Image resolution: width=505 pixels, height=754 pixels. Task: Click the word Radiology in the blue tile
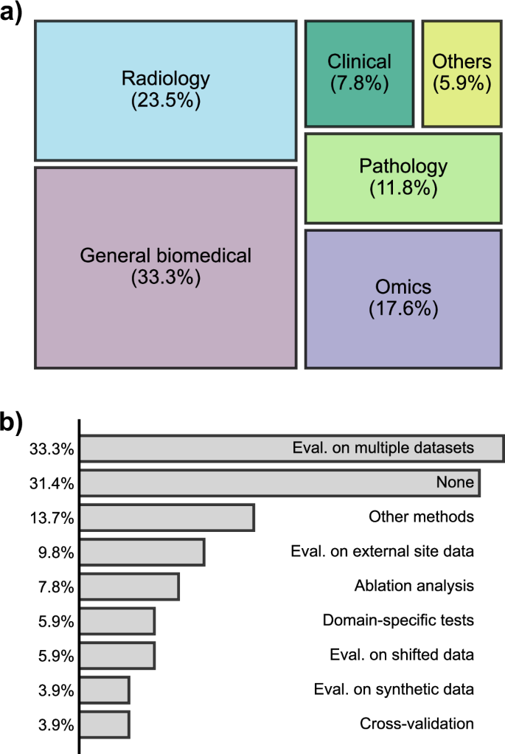(x=165, y=78)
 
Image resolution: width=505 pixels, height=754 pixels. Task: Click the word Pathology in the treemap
(x=403, y=166)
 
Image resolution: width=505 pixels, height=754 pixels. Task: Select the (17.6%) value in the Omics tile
(x=403, y=308)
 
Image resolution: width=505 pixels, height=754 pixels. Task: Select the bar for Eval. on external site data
(x=142, y=552)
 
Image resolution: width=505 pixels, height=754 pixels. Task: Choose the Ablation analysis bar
(x=129, y=587)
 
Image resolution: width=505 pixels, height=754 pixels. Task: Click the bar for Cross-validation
(x=104, y=724)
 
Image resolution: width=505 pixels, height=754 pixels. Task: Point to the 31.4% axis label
(x=52, y=483)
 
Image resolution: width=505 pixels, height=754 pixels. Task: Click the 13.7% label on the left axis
(x=52, y=518)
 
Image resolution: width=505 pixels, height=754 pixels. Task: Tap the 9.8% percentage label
(x=55, y=552)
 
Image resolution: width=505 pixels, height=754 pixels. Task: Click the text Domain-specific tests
(x=398, y=620)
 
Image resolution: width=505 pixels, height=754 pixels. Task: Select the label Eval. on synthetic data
(x=393, y=689)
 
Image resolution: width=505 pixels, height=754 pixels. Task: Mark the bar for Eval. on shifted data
(x=117, y=655)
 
